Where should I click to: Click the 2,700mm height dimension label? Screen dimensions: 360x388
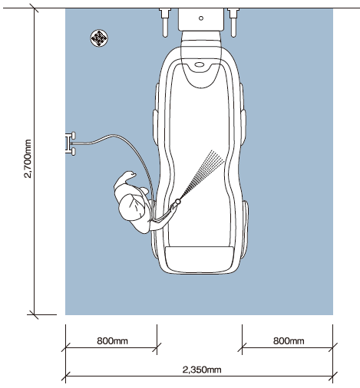[x=28, y=159]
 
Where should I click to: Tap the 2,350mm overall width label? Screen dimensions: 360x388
[x=202, y=370]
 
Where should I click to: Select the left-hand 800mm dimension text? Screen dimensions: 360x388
[x=112, y=340]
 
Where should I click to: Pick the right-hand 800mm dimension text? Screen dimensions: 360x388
[x=289, y=340]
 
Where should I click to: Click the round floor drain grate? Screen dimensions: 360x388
[x=99, y=38]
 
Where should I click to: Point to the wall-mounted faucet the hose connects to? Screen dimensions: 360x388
[x=71, y=143]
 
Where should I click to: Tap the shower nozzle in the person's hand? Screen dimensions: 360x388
[x=177, y=202]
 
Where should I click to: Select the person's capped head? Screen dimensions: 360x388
[x=131, y=208]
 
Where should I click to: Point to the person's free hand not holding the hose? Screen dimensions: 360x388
[x=130, y=175]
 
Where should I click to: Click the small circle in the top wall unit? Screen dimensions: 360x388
[x=201, y=18]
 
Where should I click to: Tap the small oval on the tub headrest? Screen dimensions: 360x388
[x=200, y=64]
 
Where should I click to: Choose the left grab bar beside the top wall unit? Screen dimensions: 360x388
[x=165, y=22]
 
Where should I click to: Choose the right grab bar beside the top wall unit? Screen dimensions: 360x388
[x=233, y=22]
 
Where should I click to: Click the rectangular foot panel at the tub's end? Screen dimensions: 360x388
[x=200, y=259]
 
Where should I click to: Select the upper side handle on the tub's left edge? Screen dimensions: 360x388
[x=155, y=127]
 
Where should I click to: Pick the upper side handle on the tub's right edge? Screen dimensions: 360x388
[x=243, y=127]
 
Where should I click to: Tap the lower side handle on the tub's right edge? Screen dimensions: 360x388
[x=245, y=229]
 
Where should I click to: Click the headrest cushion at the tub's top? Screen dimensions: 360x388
[x=201, y=59]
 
